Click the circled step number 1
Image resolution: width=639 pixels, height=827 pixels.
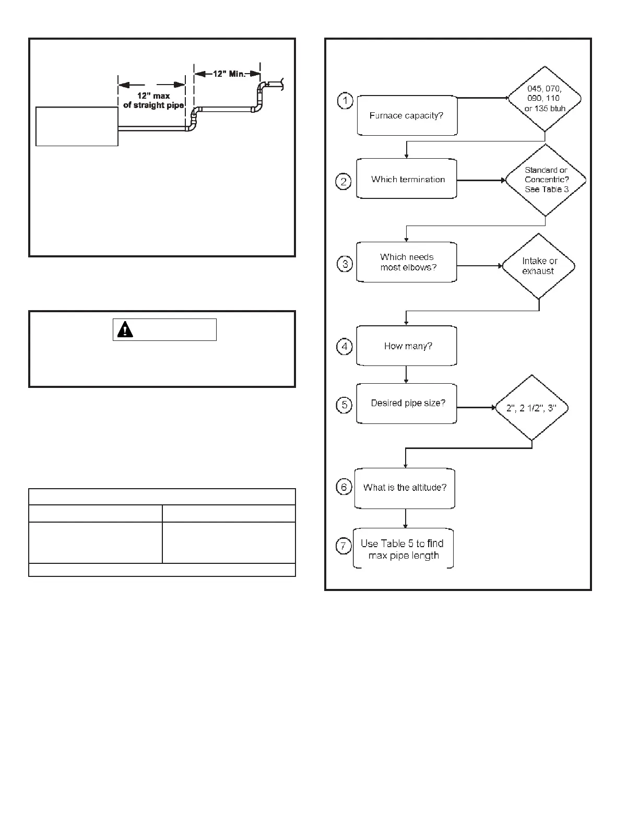tap(345, 101)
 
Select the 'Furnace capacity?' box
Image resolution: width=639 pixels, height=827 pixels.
tap(407, 115)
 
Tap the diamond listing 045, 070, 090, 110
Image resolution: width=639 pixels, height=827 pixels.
tap(545, 99)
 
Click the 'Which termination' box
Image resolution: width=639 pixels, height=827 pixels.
tap(407, 179)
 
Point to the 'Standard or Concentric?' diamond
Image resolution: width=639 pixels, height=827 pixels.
tap(546, 180)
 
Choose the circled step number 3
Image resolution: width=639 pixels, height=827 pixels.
tap(345, 264)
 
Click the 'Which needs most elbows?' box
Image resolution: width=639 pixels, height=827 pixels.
tap(407, 262)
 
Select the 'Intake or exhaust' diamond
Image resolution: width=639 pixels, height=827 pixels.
tap(539, 266)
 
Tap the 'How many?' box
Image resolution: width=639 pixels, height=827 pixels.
tap(407, 346)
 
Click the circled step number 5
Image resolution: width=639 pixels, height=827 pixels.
tap(344, 405)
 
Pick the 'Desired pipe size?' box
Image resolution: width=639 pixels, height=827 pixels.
tap(407, 404)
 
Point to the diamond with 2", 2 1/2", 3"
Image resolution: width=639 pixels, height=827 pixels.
tap(531, 408)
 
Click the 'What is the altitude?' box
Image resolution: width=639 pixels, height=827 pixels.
tap(405, 488)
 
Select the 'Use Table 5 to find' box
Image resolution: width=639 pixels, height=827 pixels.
tap(403, 549)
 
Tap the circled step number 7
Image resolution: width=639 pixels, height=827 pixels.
tap(344, 547)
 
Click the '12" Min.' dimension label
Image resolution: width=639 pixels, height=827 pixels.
tap(228, 74)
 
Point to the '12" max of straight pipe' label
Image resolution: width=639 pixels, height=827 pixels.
tap(153, 101)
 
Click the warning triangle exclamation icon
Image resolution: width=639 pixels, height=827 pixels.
tap(125, 329)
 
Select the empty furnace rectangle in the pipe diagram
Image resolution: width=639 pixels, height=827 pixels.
tap(77, 126)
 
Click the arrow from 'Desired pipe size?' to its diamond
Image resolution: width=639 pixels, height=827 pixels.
tap(476, 407)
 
